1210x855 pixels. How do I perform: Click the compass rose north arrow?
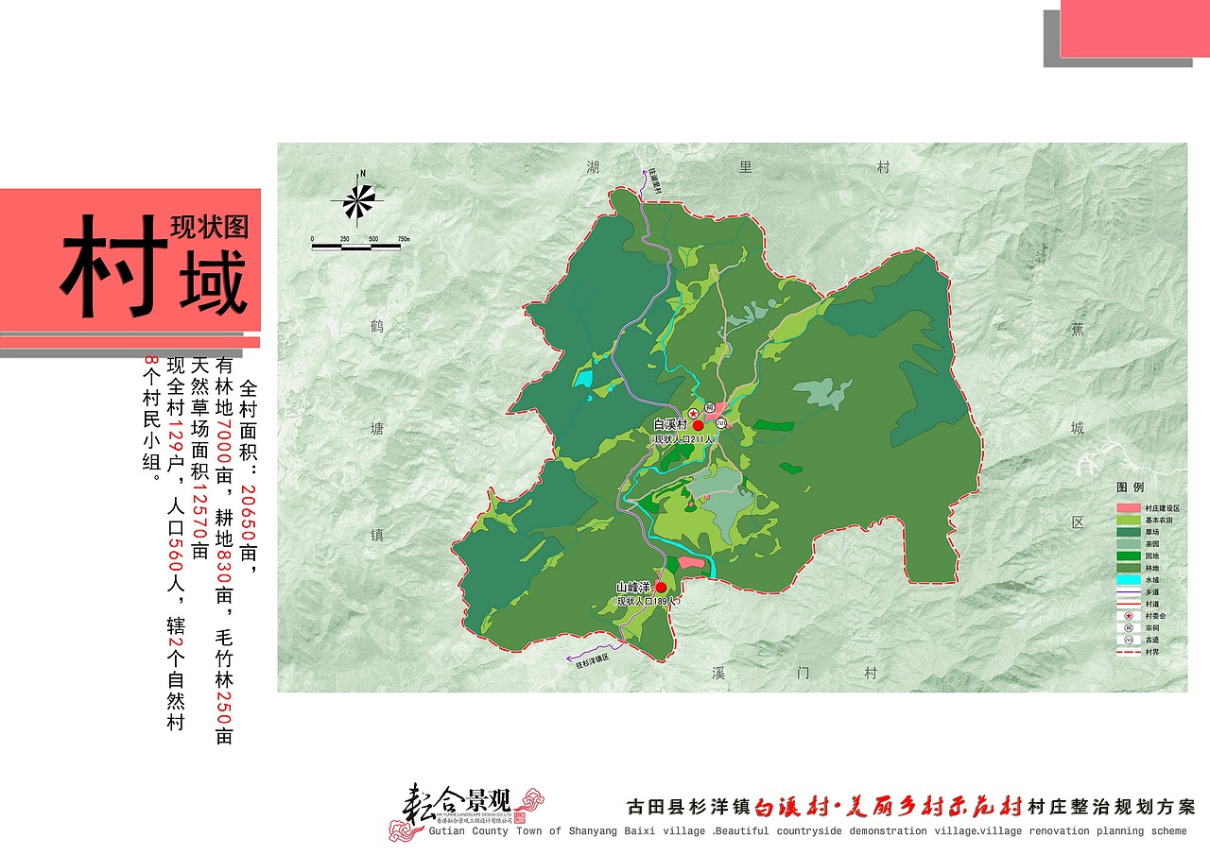(x=359, y=199)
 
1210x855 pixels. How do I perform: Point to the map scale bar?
(x=360, y=247)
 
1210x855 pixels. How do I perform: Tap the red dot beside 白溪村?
(x=698, y=426)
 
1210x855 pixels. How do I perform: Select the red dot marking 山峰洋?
(x=660, y=587)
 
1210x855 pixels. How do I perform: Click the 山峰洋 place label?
(x=633, y=588)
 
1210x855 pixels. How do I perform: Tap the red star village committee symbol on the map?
(x=692, y=414)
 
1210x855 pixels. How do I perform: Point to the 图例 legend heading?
(x=1131, y=487)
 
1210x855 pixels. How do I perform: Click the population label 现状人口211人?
(x=685, y=440)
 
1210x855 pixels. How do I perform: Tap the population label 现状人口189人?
(x=646, y=601)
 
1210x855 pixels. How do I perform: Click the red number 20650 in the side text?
(x=249, y=514)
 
